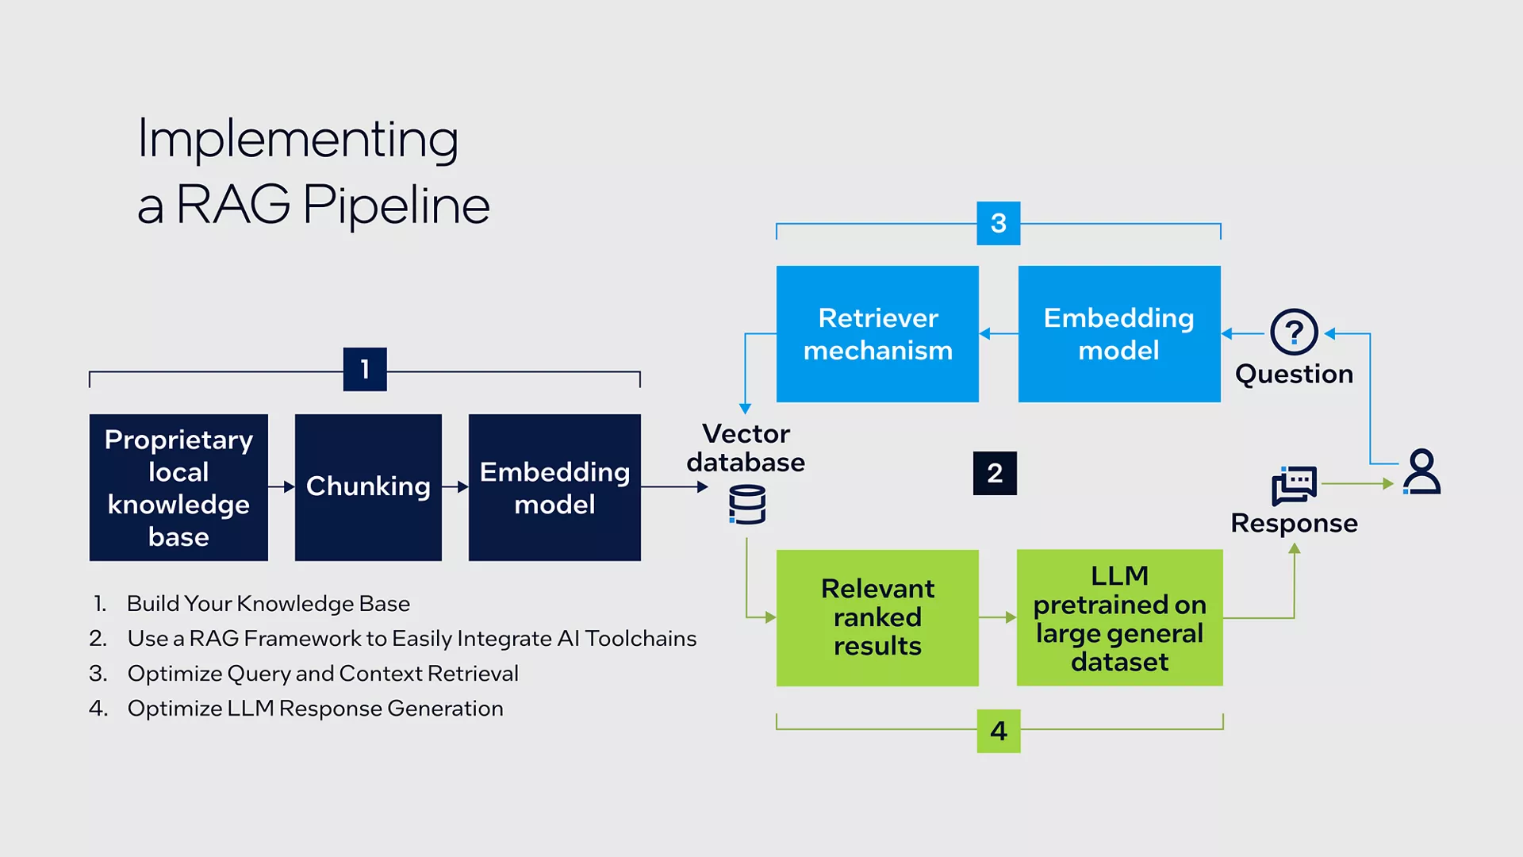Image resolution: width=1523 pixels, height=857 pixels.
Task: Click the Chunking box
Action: (x=368, y=487)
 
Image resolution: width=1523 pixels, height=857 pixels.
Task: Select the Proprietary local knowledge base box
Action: (x=178, y=487)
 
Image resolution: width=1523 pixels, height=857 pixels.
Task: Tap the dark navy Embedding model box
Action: (x=554, y=487)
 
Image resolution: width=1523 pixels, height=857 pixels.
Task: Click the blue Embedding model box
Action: (x=1119, y=334)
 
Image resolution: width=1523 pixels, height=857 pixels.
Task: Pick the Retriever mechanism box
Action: (x=877, y=334)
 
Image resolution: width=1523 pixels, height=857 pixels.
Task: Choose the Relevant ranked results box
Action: (x=877, y=617)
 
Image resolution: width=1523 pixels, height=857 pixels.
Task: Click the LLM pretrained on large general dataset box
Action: (x=1119, y=617)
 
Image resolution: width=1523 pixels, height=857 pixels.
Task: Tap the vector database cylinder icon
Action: (x=747, y=505)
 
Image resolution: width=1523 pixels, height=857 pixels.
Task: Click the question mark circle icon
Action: (x=1294, y=332)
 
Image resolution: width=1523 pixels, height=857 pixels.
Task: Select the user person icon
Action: (x=1421, y=472)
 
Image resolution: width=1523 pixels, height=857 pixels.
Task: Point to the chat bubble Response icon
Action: (x=1294, y=485)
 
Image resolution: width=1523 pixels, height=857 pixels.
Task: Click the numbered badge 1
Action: (x=365, y=369)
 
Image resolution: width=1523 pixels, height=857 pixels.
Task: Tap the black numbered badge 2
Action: (x=995, y=473)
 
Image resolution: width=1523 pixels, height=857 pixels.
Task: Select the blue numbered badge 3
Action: (x=999, y=223)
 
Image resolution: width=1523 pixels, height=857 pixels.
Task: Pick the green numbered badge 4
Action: (x=999, y=731)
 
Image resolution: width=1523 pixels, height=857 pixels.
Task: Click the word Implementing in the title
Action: (x=298, y=140)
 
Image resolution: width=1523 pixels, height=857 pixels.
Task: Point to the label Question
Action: (x=1294, y=374)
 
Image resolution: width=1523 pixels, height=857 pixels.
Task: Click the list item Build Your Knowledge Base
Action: (x=268, y=604)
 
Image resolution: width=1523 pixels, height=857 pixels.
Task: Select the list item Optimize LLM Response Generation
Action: (x=315, y=709)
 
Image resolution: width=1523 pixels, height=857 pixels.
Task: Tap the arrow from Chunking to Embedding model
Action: (x=455, y=486)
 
